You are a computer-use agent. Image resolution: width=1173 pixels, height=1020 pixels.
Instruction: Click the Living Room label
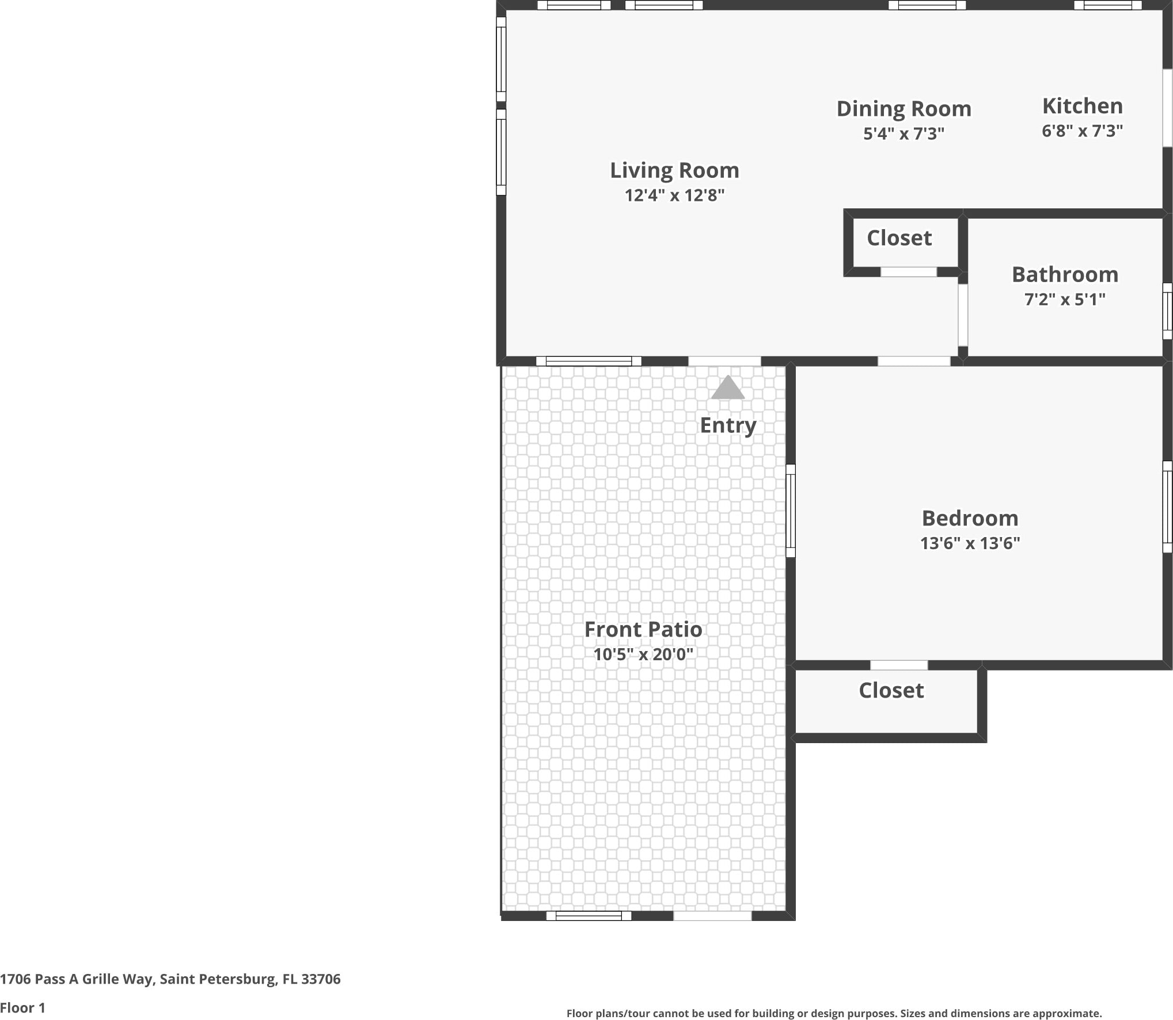(x=674, y=170)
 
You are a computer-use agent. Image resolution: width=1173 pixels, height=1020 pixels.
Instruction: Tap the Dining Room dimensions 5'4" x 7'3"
(x=904, y=134)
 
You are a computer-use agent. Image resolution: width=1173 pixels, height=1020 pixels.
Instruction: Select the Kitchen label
(x=1082, y=106)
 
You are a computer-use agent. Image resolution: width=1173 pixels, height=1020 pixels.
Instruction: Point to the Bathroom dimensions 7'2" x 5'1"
(x=1065, y=299)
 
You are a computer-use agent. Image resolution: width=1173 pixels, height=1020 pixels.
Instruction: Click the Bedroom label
(x=970, y=518)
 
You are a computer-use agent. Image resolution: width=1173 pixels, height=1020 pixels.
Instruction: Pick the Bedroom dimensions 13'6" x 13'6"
(x=970, y=543)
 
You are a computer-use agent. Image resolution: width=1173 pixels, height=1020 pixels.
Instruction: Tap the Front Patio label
(x=643, y=629)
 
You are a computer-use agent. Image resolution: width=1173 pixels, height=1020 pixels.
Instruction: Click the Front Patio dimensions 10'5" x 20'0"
(x=643, y=654)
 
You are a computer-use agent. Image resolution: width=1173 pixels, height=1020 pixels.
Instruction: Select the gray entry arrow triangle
(x=728, y=388)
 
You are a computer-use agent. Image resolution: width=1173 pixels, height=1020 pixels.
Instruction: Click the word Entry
(x=728, y=425)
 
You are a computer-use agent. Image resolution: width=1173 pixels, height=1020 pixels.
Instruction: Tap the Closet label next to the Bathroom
(x=899, y=238)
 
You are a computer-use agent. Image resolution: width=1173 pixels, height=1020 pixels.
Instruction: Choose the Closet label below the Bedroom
(x=891, y=690)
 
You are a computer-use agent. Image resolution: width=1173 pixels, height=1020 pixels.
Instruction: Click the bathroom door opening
(x=962, y=315)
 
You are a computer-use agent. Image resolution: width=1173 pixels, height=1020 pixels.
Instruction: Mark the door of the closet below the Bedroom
(x=899, y=665)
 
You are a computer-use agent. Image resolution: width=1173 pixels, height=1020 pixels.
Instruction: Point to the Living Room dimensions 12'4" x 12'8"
(x=674, y=196)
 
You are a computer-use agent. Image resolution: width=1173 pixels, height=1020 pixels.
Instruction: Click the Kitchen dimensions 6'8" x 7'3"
(x=1082, y=131)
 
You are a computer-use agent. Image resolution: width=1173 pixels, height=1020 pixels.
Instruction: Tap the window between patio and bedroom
(x=791, y=511)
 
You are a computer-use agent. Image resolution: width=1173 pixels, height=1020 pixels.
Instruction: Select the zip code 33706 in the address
(x=321, y=979)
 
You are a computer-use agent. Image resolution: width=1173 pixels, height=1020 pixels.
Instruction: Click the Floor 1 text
(x=22, y=1007)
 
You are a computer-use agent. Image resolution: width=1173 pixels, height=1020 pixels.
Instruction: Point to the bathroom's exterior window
(x=1167, y=311)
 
